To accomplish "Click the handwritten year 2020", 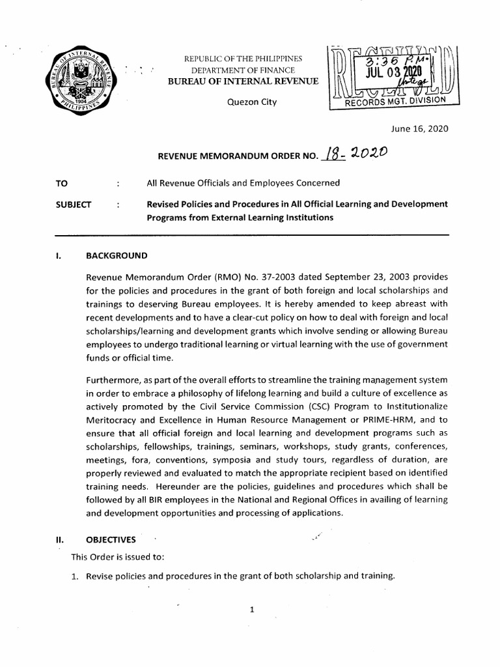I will click(x=368, y=152).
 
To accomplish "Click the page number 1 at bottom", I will click(x=251, y=609).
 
